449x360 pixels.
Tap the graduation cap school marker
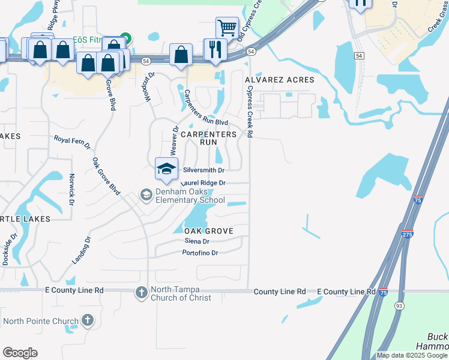coord(166,168)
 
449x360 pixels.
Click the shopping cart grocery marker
coord(226,28)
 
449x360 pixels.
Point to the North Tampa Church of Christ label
coord(181,294)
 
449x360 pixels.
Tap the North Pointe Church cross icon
coord(88,320)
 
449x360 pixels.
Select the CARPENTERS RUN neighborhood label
coord(209,139)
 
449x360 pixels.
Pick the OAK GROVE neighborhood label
coord(208,231)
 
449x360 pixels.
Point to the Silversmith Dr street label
coord(203,170)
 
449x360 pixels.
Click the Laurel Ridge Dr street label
coord(202,182)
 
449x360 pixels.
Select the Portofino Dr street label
coord(200,253)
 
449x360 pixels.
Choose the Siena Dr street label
coord(197,241)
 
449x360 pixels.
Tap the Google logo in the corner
coord(20,353)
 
